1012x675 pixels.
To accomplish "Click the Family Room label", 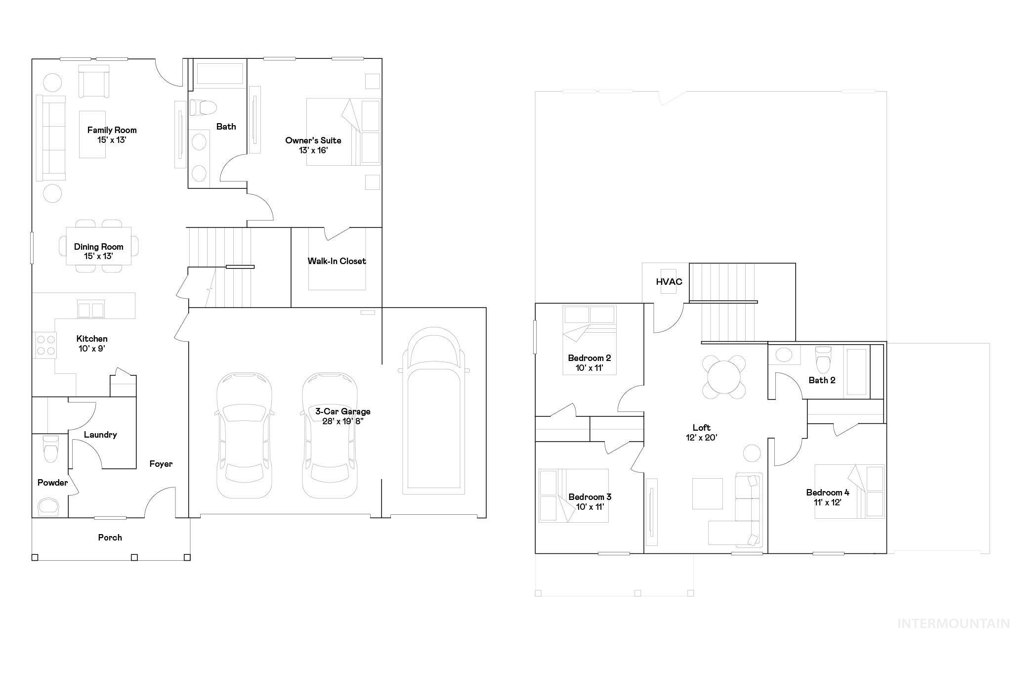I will click(112, 130).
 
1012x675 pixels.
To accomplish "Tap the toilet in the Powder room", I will click(51, 449).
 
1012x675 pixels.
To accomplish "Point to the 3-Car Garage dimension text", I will click(343, 421).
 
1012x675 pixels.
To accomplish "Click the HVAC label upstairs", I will click(669, 282).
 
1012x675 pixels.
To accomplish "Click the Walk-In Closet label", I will click(337, 261).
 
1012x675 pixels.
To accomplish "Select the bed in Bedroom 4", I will click(849, 491).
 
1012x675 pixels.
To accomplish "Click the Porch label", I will click(110, 538).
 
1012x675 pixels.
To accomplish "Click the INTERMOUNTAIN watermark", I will click(953, 624).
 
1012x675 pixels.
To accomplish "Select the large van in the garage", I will click(434, 410).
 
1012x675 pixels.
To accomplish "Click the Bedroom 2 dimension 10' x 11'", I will click(589, 368).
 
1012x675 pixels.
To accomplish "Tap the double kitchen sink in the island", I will click(91, 310).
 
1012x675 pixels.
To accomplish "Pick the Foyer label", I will click(161, 464).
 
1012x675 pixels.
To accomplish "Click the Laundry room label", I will click(100, 435).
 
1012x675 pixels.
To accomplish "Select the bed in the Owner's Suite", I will click(343, 132).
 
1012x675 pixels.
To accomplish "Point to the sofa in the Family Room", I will click(51, 138).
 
